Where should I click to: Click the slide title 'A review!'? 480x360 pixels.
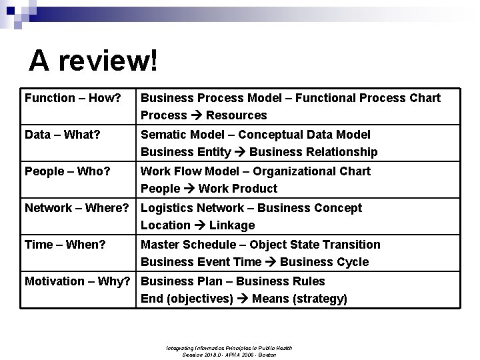[94, 61]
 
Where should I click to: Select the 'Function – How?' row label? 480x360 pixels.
[73, 98]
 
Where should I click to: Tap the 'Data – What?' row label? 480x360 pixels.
[63, 135]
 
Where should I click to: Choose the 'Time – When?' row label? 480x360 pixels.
[65, 245]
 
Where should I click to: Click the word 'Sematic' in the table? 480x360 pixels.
[163, 135]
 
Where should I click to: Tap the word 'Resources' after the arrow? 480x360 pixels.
[236, 115]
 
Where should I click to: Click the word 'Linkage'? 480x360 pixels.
[232, 225]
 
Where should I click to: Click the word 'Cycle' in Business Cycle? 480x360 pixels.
[352, 262]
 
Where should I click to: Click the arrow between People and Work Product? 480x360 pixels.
[190, 189]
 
